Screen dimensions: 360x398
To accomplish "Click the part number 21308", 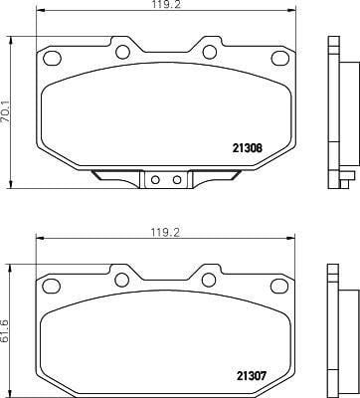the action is click(x=248, y=148).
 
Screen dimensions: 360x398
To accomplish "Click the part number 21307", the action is click(x=252, y=376).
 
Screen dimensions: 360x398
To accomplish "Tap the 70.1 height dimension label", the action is click(x=6, y=112).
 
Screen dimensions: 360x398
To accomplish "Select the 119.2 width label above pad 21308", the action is click(x=166, y=5).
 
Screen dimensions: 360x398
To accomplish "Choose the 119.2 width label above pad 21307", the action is click(x=165, y=233).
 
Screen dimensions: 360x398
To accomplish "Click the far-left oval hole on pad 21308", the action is click(x=53, y=58).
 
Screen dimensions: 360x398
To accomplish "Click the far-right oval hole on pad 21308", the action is click(x=280, y=58).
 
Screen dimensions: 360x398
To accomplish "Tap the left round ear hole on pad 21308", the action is click(x=122, y=52).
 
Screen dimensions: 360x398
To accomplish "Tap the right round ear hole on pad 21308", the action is click(x=210, y=52).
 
